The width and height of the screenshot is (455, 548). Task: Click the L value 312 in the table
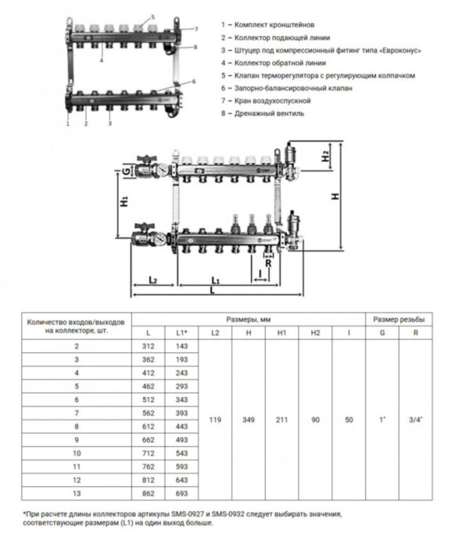148,346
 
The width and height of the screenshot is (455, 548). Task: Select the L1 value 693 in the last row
181,493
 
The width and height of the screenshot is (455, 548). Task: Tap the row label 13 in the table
77,493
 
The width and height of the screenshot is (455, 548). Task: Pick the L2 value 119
215,420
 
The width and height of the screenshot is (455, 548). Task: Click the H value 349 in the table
249,420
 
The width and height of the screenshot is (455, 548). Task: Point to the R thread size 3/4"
416,420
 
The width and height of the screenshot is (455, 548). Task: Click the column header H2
315,333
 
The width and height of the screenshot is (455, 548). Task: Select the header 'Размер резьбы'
399,319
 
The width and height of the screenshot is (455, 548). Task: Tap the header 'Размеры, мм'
249,319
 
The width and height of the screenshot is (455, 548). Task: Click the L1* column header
181,333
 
